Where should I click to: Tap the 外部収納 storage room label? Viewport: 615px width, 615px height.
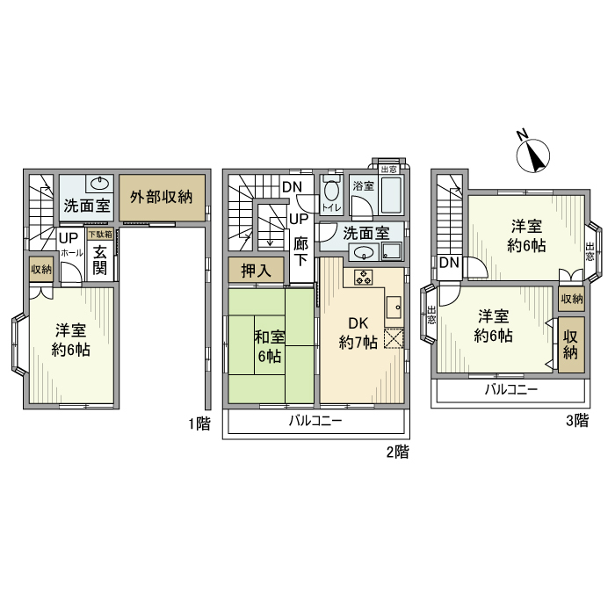tap(162, 197)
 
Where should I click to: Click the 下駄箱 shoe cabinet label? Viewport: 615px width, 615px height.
tap(100, 235)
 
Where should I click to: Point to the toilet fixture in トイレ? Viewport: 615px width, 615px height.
tap(331, 192)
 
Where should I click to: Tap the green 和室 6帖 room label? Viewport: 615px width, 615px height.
tap(269, 346)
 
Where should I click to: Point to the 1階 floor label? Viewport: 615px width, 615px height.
tap(199, 423)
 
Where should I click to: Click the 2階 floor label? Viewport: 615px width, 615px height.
tap(397, 453)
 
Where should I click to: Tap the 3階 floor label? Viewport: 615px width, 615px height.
tap(575, 421)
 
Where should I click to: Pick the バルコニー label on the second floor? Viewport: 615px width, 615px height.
tap(315, 423)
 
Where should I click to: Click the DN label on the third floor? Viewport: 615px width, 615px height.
tap(449, 263)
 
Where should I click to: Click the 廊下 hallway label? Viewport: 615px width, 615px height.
tap(302, 253)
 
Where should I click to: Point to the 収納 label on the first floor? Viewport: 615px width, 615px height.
tap(41, 270)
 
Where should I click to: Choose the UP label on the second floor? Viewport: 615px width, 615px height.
tap(299, 218)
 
